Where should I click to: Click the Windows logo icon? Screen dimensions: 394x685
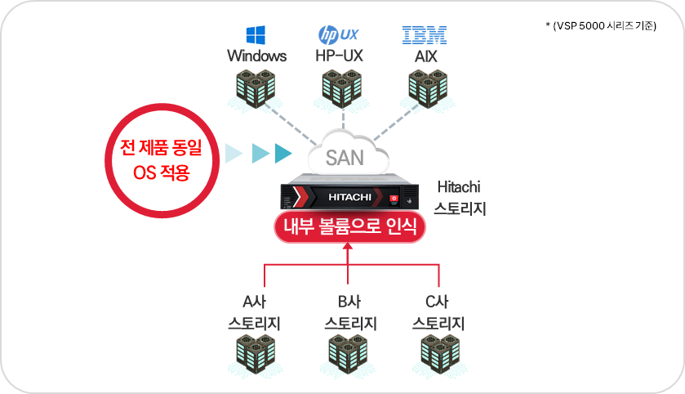click(256, 35)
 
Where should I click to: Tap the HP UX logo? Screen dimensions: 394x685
click(338, 35)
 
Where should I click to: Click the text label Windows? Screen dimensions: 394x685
click(256, 56)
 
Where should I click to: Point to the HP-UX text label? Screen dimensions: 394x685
click(339, 56)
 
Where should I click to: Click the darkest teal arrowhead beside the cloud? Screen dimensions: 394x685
click(283, 153)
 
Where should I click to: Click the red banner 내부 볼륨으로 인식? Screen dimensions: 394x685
click(349, 226)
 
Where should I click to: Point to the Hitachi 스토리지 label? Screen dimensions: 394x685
click(461, 199)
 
